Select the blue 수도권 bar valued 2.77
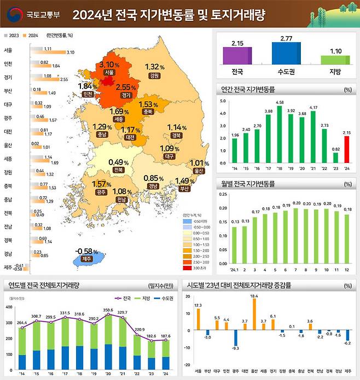tap(286, 53)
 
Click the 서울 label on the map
tap(108, 72)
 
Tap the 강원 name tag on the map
tap(154, 75)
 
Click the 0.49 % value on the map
tap(118, 162)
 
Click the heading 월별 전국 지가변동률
tap(246, 184)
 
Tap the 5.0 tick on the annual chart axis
tap(222, 101)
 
